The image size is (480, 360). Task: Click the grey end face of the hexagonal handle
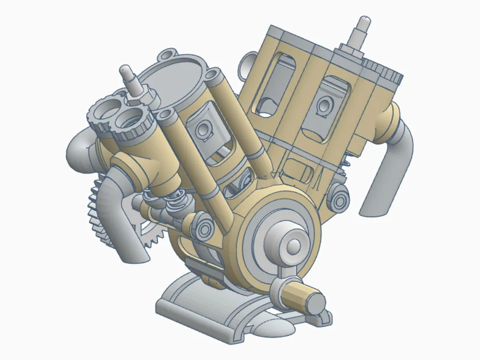tap(316, 302)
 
